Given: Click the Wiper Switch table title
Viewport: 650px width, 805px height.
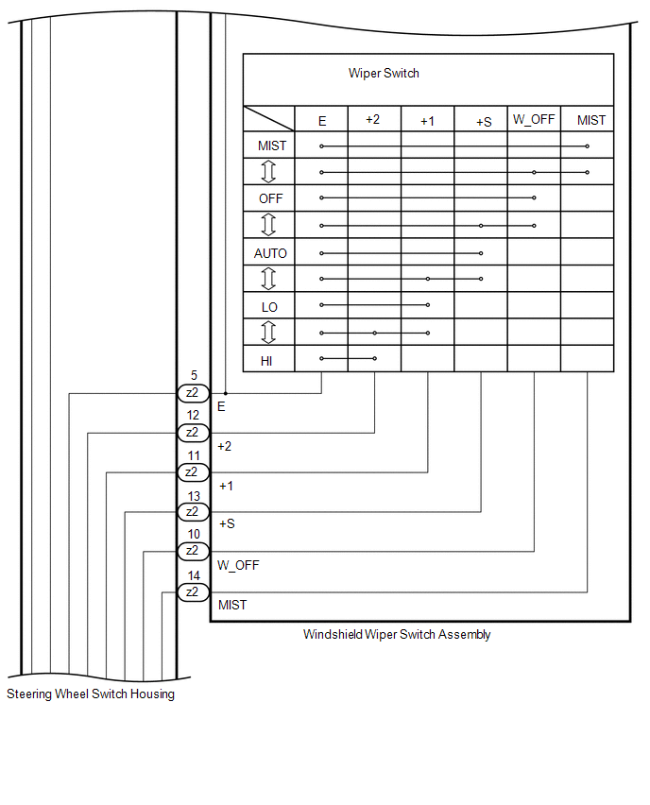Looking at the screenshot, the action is [384, 74].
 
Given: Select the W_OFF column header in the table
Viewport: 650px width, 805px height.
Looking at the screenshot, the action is [534, 120].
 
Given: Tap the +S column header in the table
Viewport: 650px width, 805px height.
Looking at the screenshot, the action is [484, 122].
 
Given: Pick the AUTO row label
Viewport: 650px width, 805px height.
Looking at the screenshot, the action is [270, 253].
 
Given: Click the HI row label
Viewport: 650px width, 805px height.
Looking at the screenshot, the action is [266, 361].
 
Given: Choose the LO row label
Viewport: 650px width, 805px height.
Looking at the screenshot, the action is [269, 307].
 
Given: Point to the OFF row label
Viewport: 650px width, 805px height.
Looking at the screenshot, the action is [270, 198].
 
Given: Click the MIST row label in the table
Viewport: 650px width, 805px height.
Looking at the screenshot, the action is [272, 146].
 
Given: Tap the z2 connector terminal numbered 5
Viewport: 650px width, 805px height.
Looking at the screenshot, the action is [193, 393].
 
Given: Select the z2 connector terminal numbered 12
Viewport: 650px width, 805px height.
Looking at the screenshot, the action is [193, 433].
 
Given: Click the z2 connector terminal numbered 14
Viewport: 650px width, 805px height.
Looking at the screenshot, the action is [193, 592].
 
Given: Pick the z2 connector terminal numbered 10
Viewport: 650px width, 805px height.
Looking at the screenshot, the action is [193, 552].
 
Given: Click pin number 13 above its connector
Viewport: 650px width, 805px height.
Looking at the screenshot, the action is [194, 496].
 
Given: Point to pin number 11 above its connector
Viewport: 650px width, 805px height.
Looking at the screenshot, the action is [194, 455].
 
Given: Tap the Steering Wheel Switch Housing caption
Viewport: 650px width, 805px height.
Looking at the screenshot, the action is [91, 694].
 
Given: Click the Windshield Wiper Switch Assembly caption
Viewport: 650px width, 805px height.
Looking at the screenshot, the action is [397, 635].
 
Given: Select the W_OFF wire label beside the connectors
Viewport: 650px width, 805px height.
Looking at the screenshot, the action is [238, 565].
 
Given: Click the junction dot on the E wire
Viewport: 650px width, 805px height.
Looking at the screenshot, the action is [226, 393].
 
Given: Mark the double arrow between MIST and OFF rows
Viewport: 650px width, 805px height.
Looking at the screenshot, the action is [268, 171].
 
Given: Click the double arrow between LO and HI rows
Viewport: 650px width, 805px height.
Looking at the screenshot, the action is [268, 333].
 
